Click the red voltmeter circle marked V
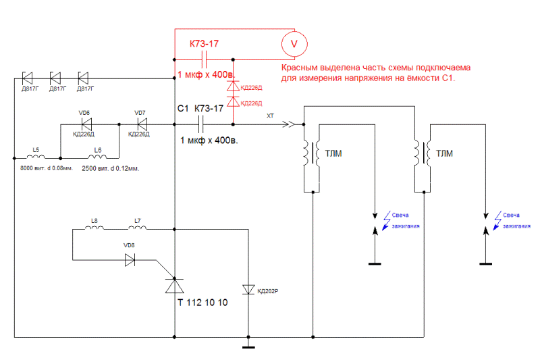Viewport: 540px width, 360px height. click(x=294, y=44)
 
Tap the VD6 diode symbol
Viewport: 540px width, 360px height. click(x=86, y=124)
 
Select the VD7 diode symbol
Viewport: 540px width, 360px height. click(x=142, y=124)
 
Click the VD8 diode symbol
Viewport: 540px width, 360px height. click(x=130, y=260)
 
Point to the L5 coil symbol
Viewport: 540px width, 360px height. click(x=36, y=157)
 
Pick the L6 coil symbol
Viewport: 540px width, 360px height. click(x=97, y=157)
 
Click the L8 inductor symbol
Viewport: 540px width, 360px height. click(x=94, y=228)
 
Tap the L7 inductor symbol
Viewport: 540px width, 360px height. click(x=138, y=228)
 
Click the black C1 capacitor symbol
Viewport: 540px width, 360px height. click(x=201, y=124)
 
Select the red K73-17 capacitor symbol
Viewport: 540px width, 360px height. click(x=204, y=59)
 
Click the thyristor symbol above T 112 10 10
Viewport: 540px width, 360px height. click(x=174, y=286)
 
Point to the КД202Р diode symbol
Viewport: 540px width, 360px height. click(x=248, y=289)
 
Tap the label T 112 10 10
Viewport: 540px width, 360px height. click(x=202, y=303)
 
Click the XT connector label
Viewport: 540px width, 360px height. click(x=270, y=115)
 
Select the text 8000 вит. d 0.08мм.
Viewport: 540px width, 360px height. click(x=47, y=168)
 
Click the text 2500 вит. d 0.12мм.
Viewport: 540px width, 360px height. click(x=110, y=168)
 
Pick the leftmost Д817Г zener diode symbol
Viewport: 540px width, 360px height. click(x=27, y=78)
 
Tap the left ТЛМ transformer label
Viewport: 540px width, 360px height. click(x=333, y=153)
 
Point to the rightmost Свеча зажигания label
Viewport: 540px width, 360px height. click(x=516, y=220)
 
